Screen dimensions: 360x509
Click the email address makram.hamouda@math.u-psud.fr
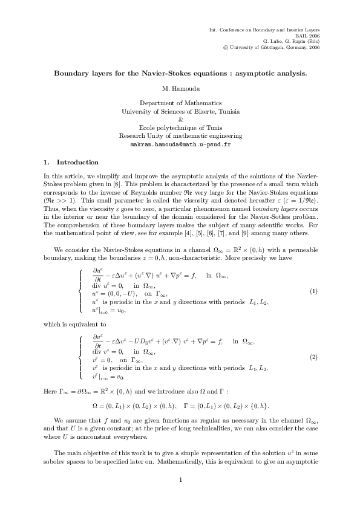click(180, 146)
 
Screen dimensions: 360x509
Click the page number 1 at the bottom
click(180, 481)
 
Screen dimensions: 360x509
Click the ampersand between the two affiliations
click(180, 120)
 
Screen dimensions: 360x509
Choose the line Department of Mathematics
click(180, 103)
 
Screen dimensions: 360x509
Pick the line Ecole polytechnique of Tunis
click(180, 128)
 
